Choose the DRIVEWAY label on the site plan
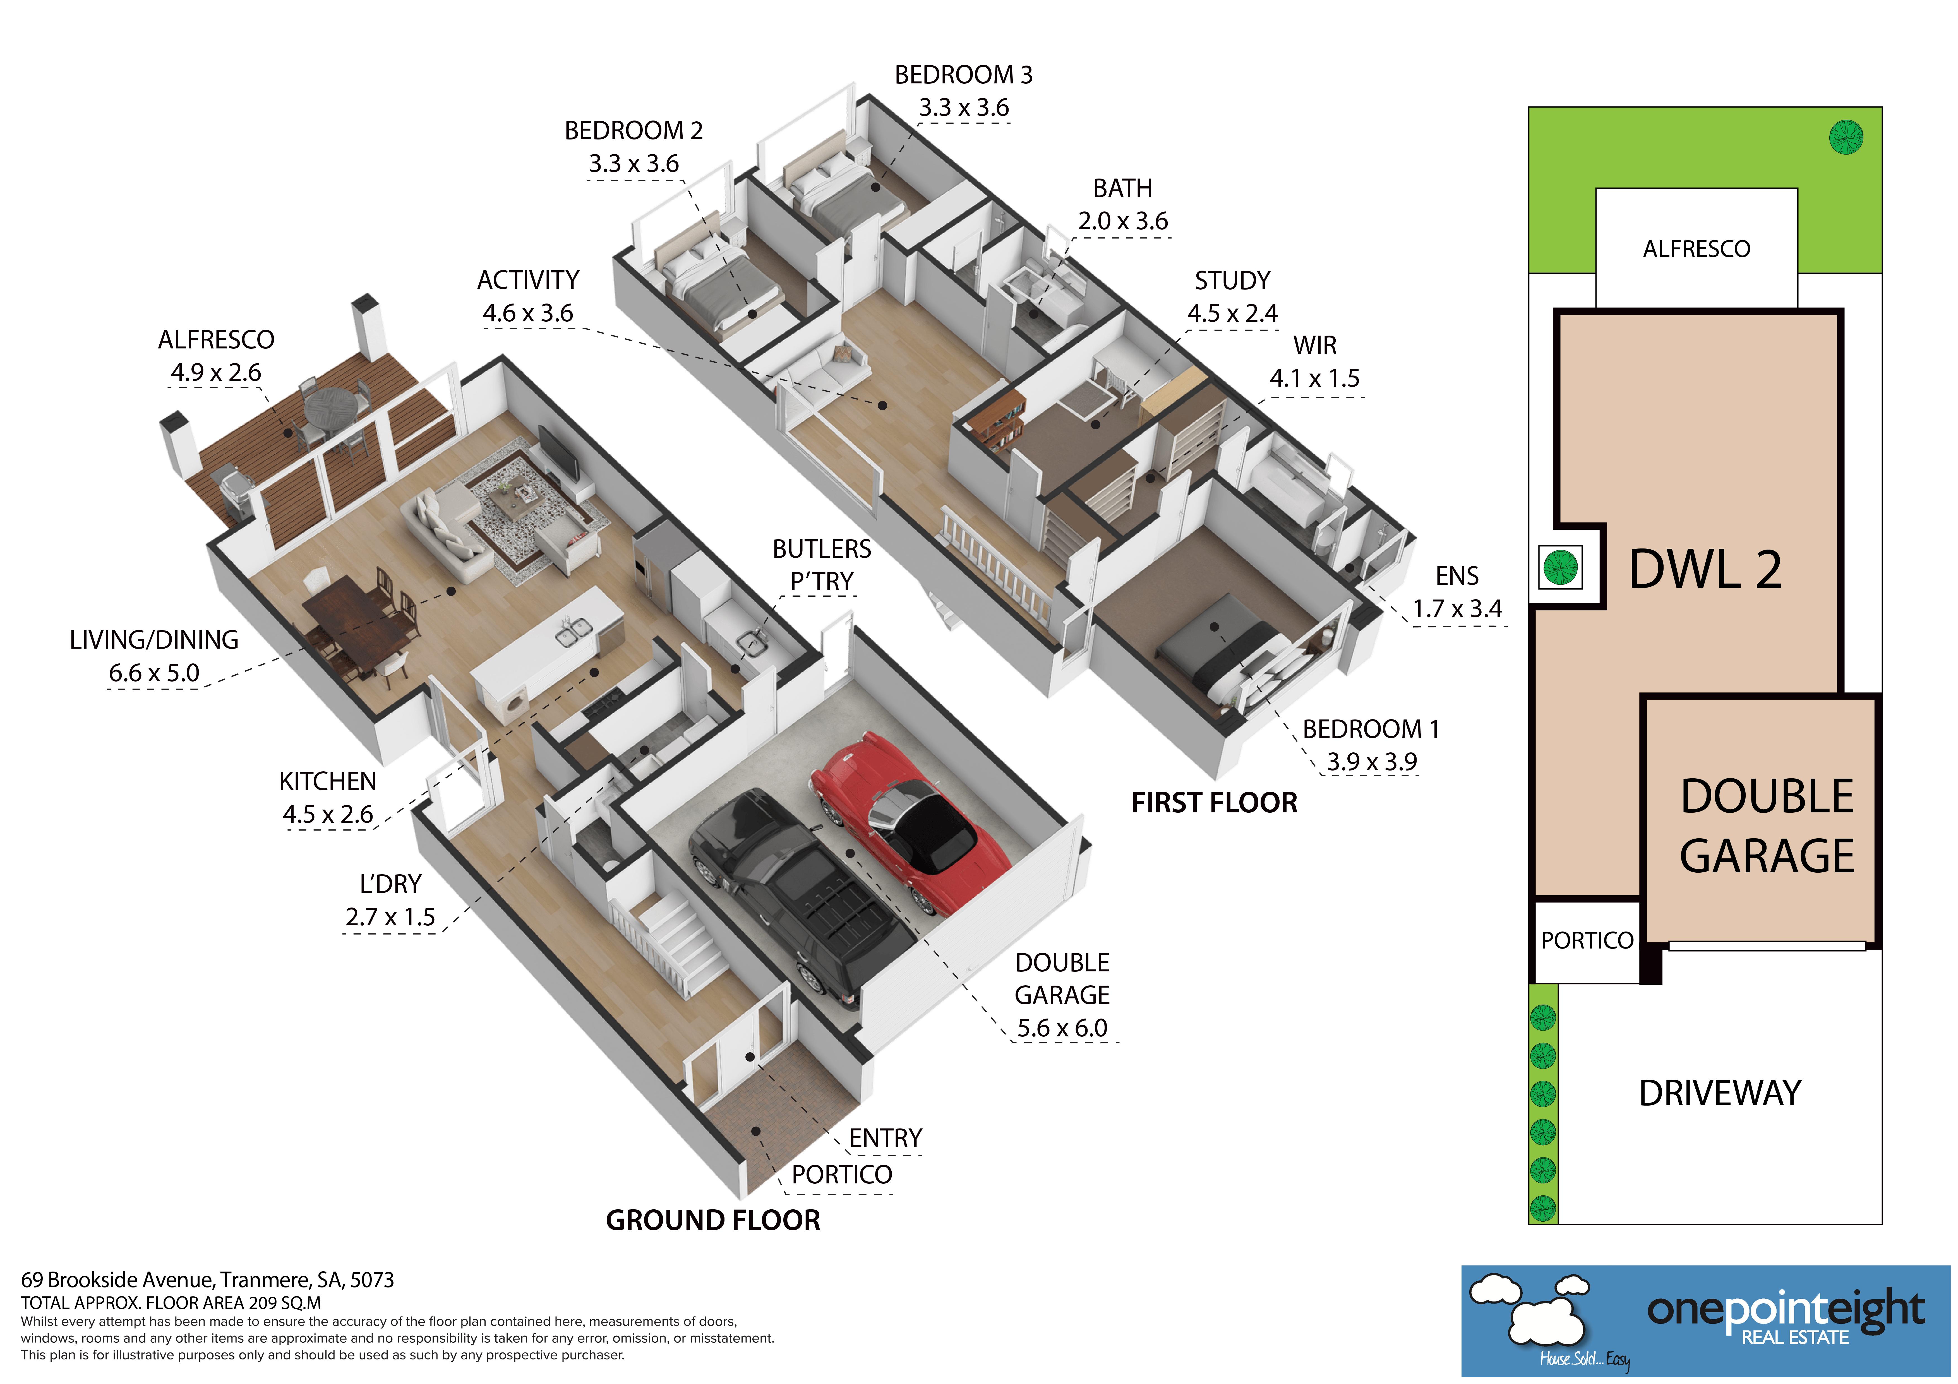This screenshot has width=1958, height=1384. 1719,1093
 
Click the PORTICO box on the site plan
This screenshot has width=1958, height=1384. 1586,941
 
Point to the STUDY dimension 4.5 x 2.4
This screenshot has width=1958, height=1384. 1232,314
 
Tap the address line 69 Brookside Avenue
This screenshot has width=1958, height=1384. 207,1280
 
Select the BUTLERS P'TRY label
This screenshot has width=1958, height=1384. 821,565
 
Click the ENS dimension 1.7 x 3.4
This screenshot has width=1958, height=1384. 1456,609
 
